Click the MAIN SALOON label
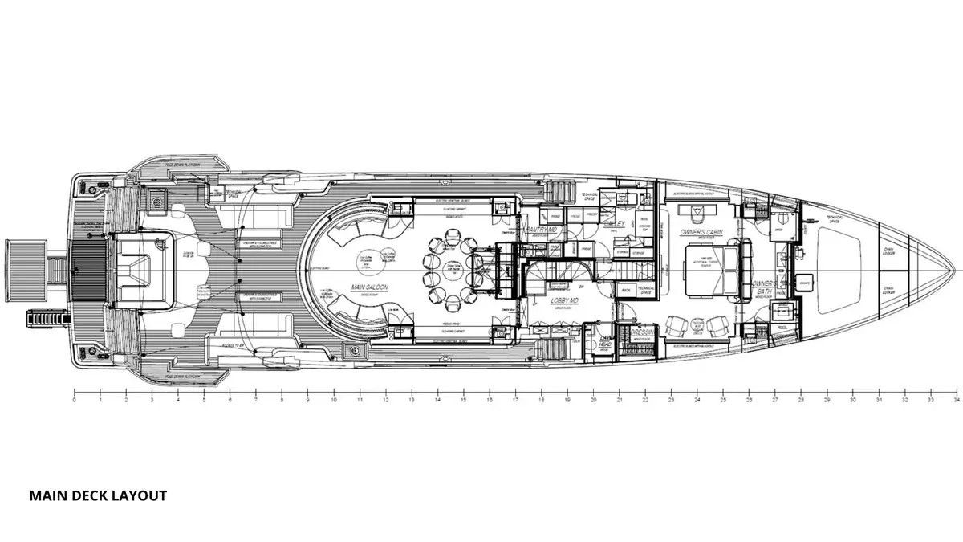pos(364,286)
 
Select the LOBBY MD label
pos(567,301)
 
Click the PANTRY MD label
pos(541,230)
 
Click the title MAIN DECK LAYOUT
pos(98,495)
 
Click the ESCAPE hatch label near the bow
pos(806,282)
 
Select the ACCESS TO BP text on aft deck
pos(232,344)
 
